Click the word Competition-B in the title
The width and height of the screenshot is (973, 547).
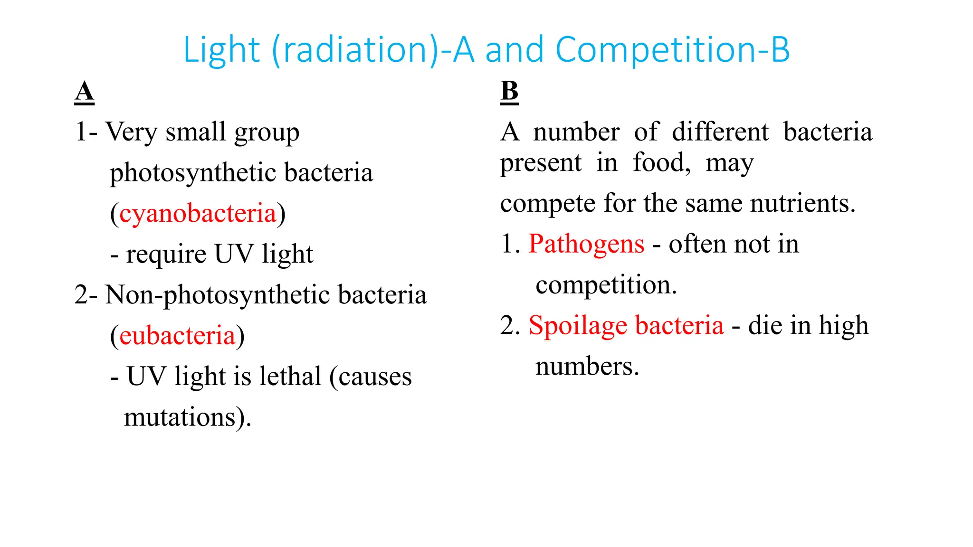[672, 49]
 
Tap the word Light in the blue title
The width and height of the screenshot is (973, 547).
[221, 49]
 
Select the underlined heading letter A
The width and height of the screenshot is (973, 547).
[85, 91]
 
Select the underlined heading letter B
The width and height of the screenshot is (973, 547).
[509, 91]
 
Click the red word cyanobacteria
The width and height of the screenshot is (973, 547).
[198, 213]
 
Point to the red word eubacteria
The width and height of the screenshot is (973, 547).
[177, 336]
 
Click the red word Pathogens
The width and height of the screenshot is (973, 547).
[586, 244]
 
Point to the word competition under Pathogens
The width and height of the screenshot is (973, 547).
[606, 285]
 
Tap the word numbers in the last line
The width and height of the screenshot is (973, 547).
[587, 367]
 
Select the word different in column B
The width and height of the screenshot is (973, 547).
[720, 132]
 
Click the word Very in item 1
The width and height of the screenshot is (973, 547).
[131, 132]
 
